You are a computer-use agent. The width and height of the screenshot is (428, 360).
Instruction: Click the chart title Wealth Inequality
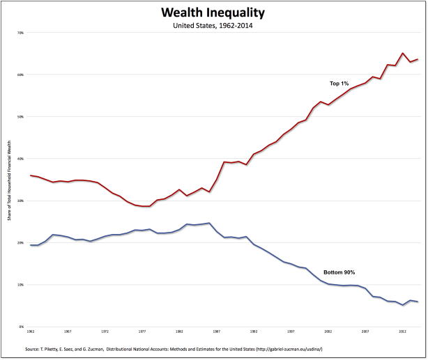pyautogui.click(x=213, y=13)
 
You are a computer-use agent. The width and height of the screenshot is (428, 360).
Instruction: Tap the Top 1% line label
pyautogui.click(x=339, y=84)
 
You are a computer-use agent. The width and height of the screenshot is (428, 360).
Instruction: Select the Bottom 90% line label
pyautogui.click(x=339, y=272)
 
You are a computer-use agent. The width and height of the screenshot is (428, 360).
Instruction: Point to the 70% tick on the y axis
pyautogui.click(x=20, y=33)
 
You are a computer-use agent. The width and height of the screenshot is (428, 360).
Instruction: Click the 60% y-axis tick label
pyautogui.click(x=20, y=75)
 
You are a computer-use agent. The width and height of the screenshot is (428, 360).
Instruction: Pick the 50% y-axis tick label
pyautogui.click(x=20, y=117)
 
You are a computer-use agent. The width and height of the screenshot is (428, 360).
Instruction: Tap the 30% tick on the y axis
pyautogui.click(x=20, y=201)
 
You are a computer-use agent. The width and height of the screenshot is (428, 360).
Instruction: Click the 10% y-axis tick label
pyautogui.click(x=20, y=285)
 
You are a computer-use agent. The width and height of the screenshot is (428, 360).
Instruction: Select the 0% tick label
pyautogui.click(x=22, y=327)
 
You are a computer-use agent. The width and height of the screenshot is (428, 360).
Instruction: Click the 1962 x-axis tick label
pyautogui.click(x=31, y=332)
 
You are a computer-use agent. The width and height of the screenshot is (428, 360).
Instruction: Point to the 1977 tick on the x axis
pyautogui.click(x=142, y=332)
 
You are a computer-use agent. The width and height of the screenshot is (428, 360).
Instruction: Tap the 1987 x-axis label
pyautogui.click(x=217, y=332)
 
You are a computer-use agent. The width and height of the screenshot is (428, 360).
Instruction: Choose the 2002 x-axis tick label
pyautogui.click(x=328, y=332)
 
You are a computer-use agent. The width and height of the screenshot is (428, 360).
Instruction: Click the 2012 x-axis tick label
pyautogui.click(x=403, y=332)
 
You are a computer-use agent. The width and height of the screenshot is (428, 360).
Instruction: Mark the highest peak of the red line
pyautogui.click(x=403, y=53)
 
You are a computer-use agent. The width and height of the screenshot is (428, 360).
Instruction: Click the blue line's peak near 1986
pyautogui.click(x=209, y=223)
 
